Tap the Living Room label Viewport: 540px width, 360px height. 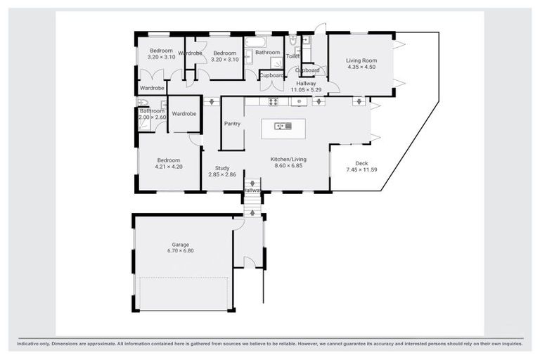click(x=361, y=60)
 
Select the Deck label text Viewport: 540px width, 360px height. click(x=361, y=164)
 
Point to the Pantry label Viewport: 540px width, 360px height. click(x=232, y=124)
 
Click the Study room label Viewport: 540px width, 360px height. click(x=222, y=167)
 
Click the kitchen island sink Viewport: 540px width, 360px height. click(x=284, y=126)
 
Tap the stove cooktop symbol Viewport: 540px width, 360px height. click(x=273, y=101)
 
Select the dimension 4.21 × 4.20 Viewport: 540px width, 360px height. click(x=169, y=167)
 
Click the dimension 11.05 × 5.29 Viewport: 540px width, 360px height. click(x=306, y=90)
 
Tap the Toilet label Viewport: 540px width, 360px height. click(x=293, y=56)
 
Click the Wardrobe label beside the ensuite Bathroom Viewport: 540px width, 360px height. click(x=184, y=114)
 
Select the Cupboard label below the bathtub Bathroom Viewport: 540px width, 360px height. click(x=271, y=75)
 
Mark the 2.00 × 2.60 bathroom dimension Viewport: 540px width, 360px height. click(x=152, y=117)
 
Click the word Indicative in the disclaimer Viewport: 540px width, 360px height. click(x=32, y=345)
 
